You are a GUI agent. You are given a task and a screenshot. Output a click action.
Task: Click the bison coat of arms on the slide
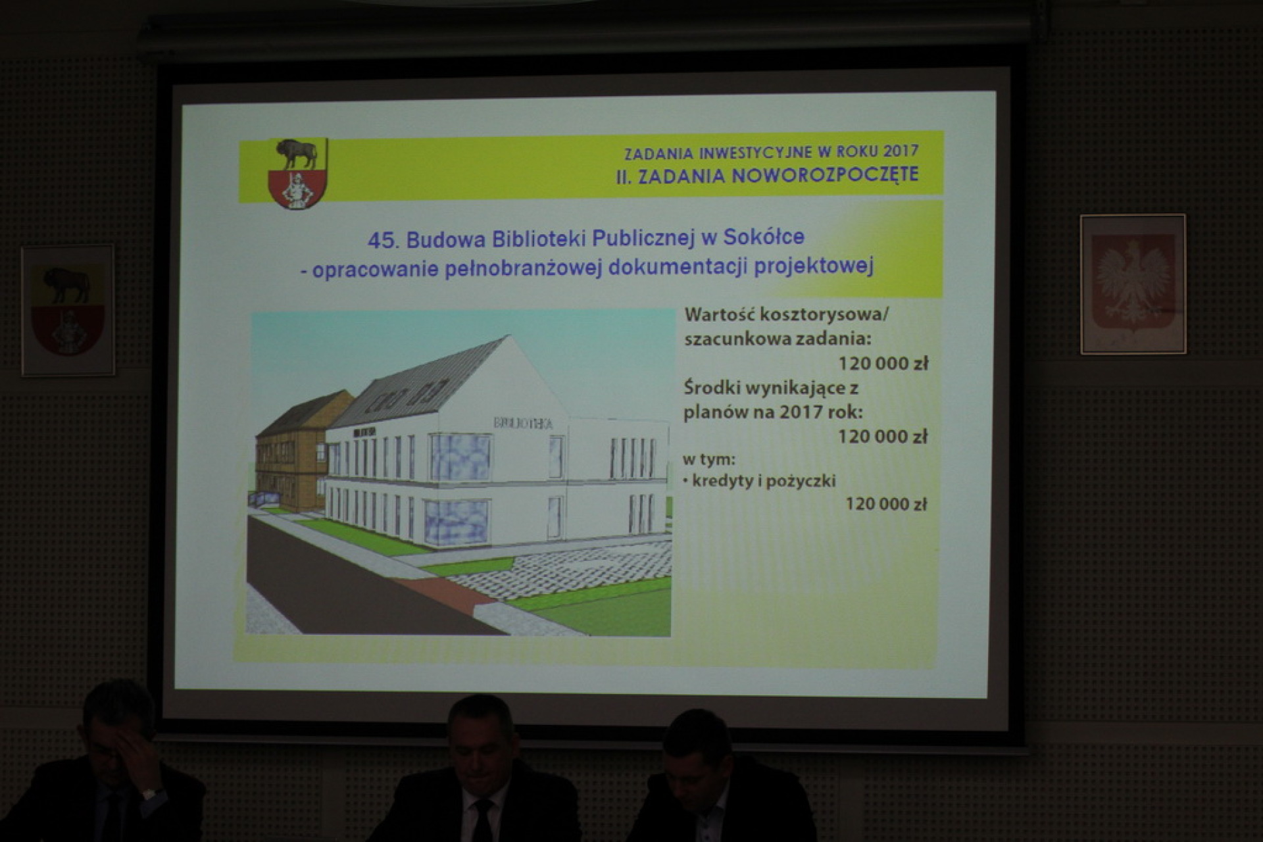click(297, 174)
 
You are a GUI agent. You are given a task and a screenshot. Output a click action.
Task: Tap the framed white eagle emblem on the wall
click(1133, 284)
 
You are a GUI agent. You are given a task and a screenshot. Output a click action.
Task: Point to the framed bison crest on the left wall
click(68, 310)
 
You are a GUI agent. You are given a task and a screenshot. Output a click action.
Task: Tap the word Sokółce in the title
click(764, 237)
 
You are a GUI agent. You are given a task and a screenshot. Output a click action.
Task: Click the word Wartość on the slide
click(718, 314)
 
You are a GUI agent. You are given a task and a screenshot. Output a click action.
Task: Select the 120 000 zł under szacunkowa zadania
click(883, 363)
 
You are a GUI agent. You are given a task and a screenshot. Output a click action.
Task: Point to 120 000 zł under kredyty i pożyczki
click(885, 504)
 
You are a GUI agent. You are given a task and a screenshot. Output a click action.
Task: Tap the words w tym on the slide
click(709, 458)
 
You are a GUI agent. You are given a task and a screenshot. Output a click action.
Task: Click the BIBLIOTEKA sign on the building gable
click(523, 423)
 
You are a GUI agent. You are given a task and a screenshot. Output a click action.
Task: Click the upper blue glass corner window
click(460, 457)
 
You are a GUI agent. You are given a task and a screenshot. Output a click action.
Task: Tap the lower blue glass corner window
click(456, 522)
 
